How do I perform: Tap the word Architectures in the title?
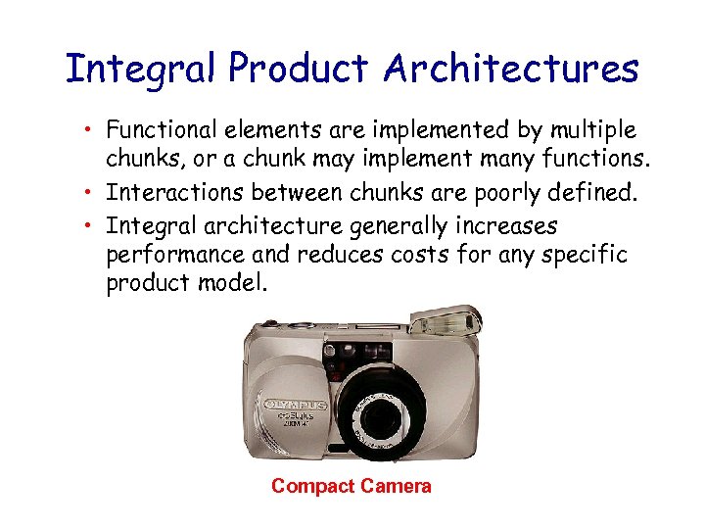[511, 70]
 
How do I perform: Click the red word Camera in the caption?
[396, 487]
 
